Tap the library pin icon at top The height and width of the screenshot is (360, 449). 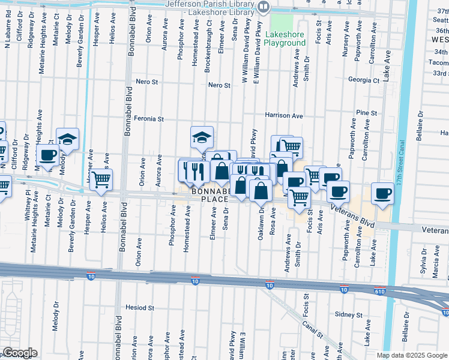(x=264, y=7)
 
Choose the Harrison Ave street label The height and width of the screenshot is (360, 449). (x=285, y=115)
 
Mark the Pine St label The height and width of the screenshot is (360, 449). (x=366, y=113)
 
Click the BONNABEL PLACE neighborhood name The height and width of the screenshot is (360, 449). (x=210, y=195)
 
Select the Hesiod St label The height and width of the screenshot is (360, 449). (x=140, y=307)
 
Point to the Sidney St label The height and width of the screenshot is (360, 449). (x=349, y=314)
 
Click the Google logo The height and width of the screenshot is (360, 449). (x=19, y=353)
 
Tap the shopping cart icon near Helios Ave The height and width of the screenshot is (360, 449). (x=101, y=178)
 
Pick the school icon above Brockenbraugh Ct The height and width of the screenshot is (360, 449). (x=202, y=137)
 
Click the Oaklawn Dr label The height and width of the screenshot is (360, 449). (x=261, y=224)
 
